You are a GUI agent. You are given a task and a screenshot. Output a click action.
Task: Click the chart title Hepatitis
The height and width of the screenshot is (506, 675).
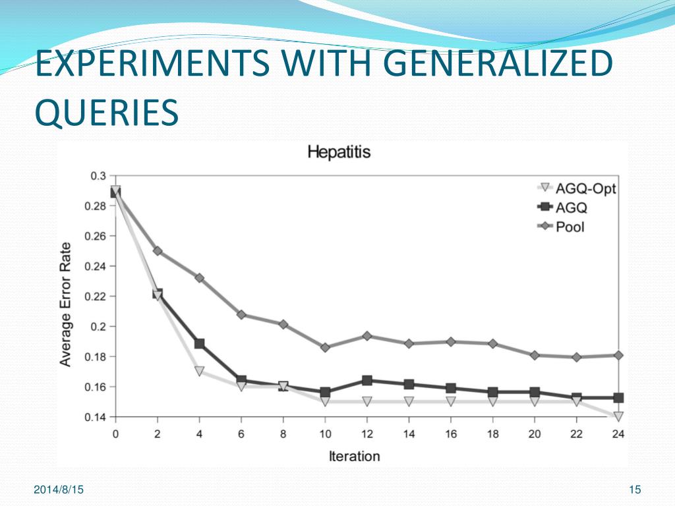(x=339, y=152)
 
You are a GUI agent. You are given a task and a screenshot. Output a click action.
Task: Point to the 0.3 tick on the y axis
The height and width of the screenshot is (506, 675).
(x=98, y=176)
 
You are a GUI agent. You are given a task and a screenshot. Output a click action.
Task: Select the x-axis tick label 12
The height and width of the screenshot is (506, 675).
(x=367, y=434)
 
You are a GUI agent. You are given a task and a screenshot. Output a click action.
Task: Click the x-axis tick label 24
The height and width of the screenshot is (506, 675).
(x=618, y=434)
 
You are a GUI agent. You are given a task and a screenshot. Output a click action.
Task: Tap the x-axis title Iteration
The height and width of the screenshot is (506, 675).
(x=355, y=456)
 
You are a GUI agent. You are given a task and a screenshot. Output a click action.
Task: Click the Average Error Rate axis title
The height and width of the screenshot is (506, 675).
(x=67, y=304)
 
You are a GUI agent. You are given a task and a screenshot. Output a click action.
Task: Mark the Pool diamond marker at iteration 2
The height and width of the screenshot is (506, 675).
(x=158, y=251)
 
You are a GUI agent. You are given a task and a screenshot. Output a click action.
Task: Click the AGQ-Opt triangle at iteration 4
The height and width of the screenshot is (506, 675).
(x=199, y=372)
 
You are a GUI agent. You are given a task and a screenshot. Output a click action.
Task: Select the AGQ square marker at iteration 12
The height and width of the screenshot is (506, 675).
(x=367, y=381)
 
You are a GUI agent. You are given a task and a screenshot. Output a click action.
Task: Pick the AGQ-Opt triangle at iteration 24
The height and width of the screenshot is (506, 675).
(x=618, y=416)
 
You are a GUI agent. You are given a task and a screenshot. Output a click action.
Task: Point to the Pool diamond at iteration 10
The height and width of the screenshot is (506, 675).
(x=325, y=347)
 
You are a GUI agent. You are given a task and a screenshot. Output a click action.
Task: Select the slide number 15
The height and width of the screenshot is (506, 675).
(x=635, y=490)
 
